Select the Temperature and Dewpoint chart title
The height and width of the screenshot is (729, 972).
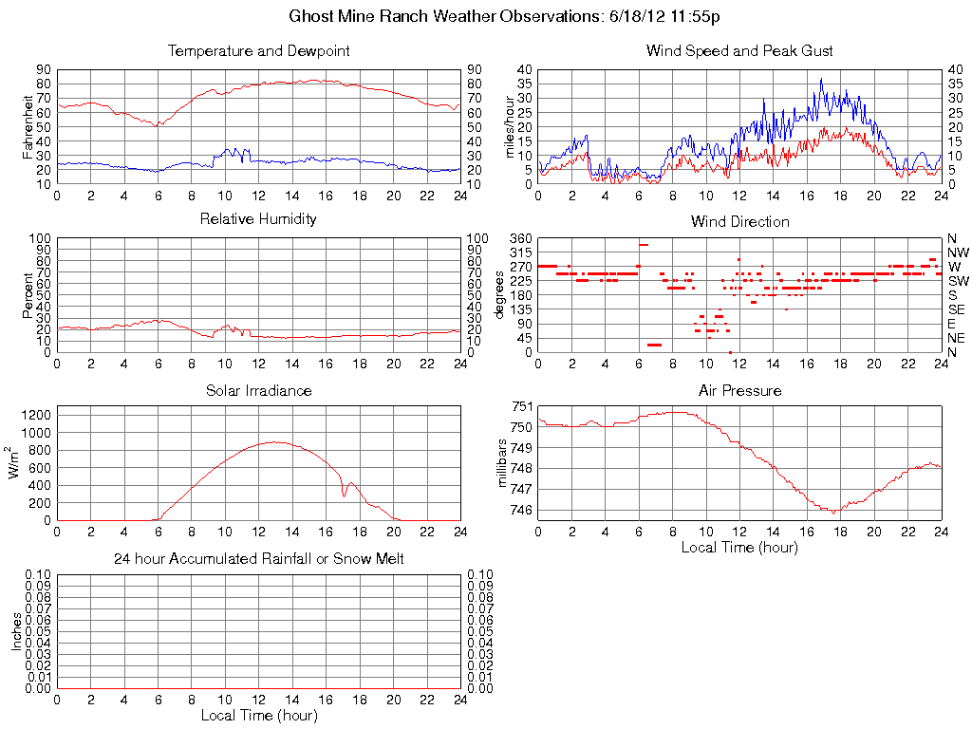pyautogui.click(x=258, y=50)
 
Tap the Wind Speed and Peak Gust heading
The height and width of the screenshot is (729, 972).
pyautogui.click(x=739, y=50)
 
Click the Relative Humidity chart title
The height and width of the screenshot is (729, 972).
pyautogui.click(x=258, y=219)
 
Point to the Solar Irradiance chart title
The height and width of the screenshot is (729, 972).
pyautogui.click(x=258, y=390)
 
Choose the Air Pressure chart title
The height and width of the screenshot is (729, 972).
pyautogui.click(x=739, y=390)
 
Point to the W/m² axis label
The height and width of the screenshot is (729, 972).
pyautogui.click(x=16, y=463)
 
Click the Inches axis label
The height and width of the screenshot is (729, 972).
pyautogui.click(x=16, y=631)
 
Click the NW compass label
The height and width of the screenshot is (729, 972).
pyautogui.click(x=958, y=252)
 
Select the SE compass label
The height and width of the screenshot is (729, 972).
pyautogui.click(x=957, y=309)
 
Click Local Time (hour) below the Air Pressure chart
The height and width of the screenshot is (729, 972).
pyautogui.click(x=739, y=547)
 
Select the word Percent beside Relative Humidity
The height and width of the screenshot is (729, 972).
pyautogui.click(x=28, y=294)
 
